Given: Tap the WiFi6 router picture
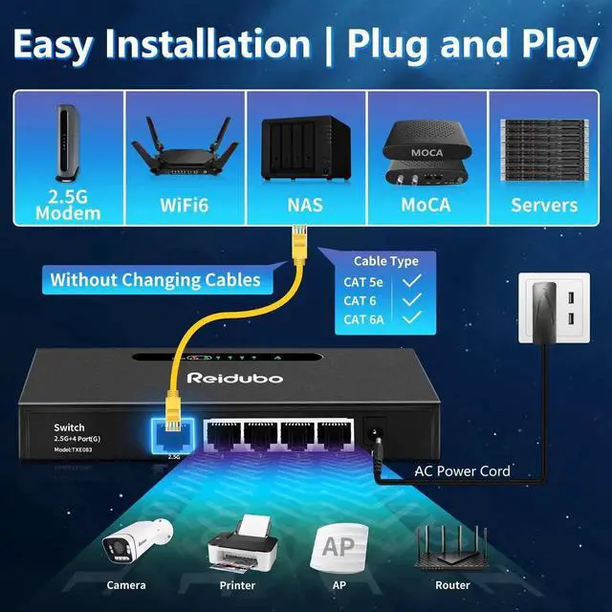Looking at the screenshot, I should tap(186, 147).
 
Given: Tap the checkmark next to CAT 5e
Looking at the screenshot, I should tap(413, 281).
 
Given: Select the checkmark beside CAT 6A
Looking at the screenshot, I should tap(413, 319).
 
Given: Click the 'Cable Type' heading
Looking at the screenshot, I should tap(386, 260).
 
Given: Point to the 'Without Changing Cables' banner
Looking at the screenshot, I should tap(155, 280).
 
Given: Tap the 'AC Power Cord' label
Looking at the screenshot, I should tap(462, 470).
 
